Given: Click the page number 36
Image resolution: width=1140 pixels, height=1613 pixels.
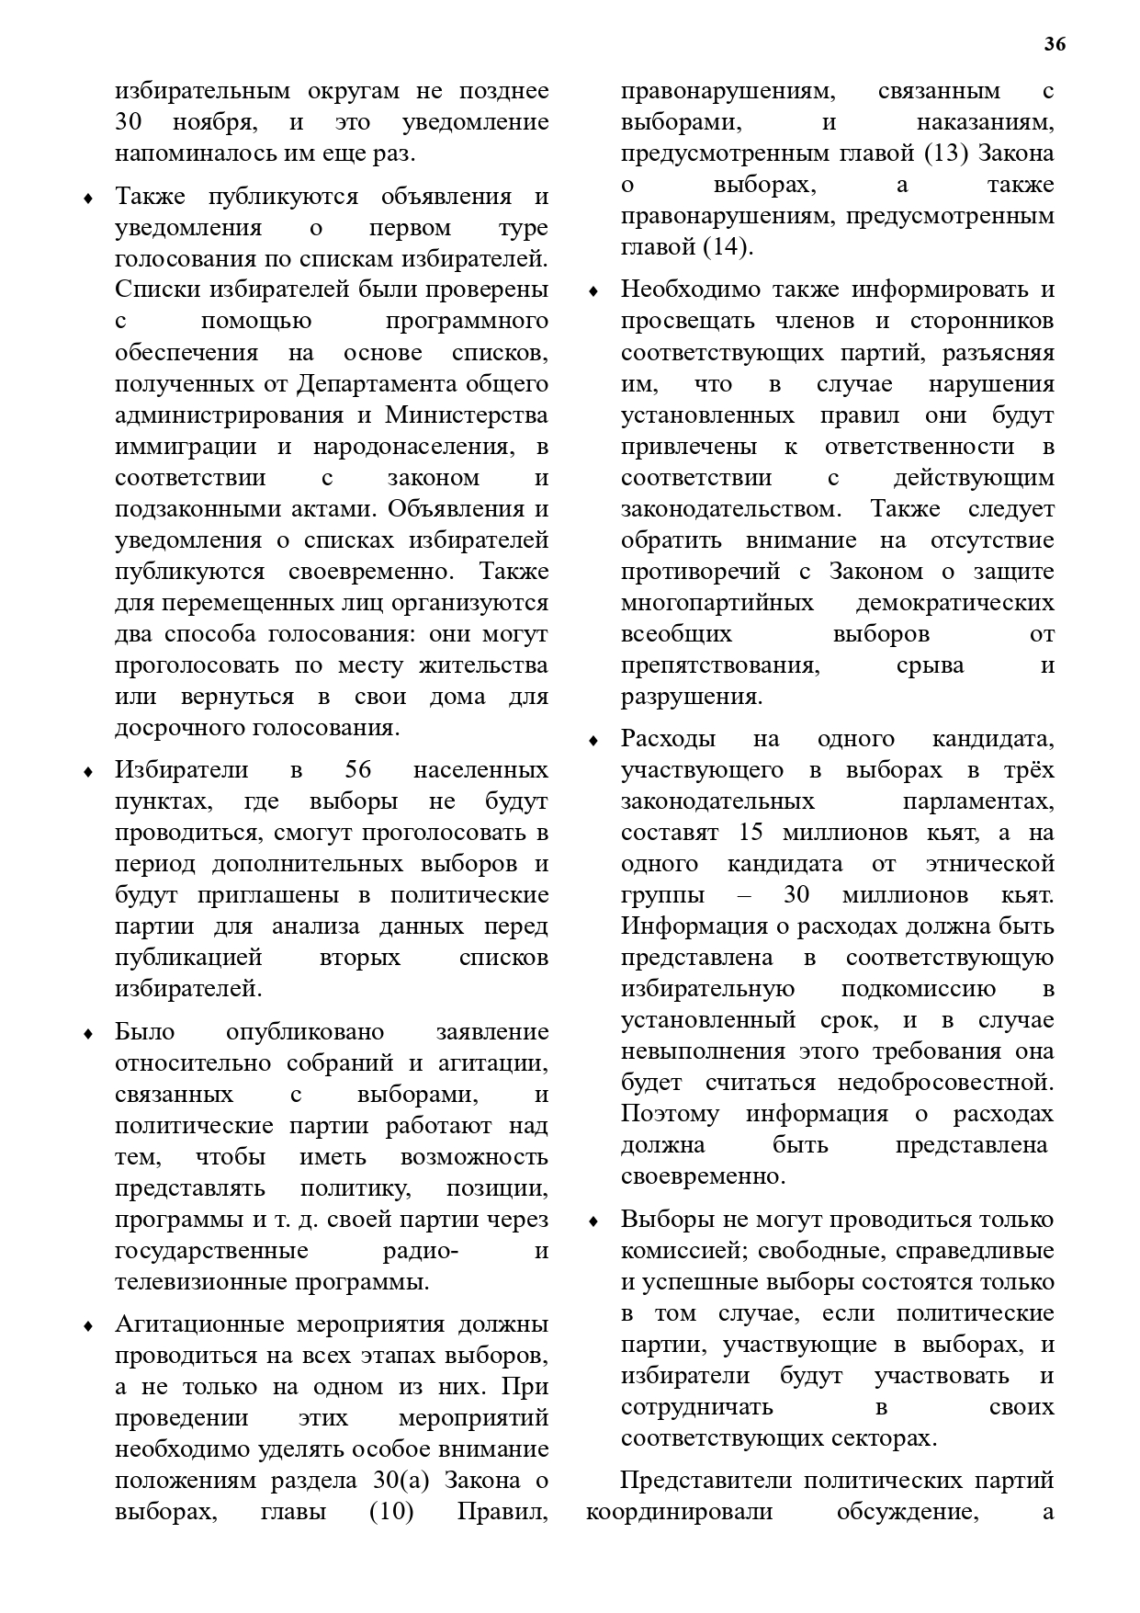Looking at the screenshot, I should tap(1055, 44).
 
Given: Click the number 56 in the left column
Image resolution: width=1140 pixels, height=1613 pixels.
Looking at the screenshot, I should tap(357, 769).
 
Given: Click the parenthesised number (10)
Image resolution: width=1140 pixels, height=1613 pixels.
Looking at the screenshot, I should tap(391, 1511).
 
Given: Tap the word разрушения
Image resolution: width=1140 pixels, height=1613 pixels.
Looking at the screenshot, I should tap(692, 696).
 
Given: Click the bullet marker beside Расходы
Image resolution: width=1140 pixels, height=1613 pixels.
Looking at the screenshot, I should tap(593, 740).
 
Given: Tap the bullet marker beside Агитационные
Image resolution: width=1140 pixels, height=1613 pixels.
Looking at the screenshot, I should tap(88, 1325).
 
